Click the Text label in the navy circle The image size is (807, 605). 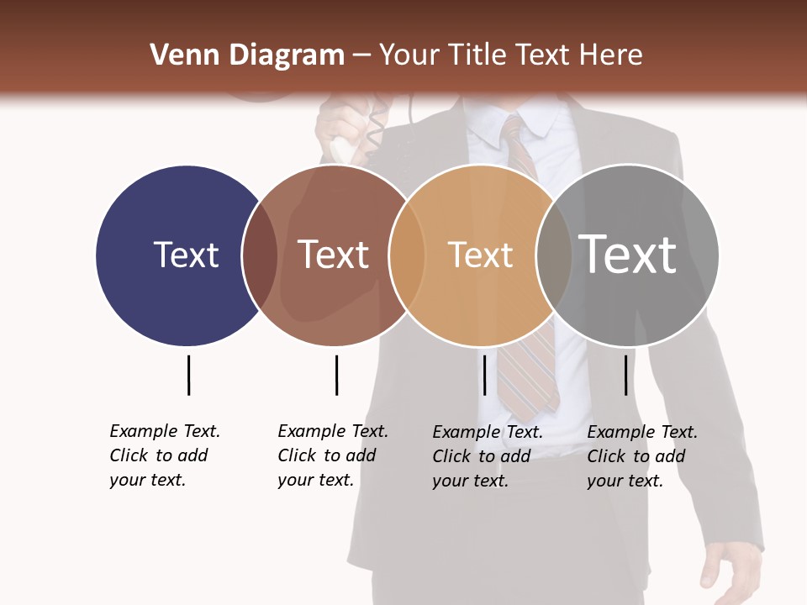pos(186,255)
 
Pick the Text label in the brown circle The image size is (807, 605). pos(333,255)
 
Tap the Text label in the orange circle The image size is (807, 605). pos(480,255)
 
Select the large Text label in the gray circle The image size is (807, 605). pos(627,254)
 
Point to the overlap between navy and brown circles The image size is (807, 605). pos(260,255)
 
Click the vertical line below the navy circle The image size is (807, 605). pos(188,375)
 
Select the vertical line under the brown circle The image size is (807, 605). pos(336,375)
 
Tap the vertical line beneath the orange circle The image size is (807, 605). pos(484,375)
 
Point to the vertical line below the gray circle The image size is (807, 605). pos(626,375)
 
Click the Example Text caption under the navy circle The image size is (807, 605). pos(165,455)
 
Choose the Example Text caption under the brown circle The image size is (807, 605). pos(333,455)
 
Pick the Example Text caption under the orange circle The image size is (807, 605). pos(488,456)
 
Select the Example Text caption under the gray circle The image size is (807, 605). pos(642,456)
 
